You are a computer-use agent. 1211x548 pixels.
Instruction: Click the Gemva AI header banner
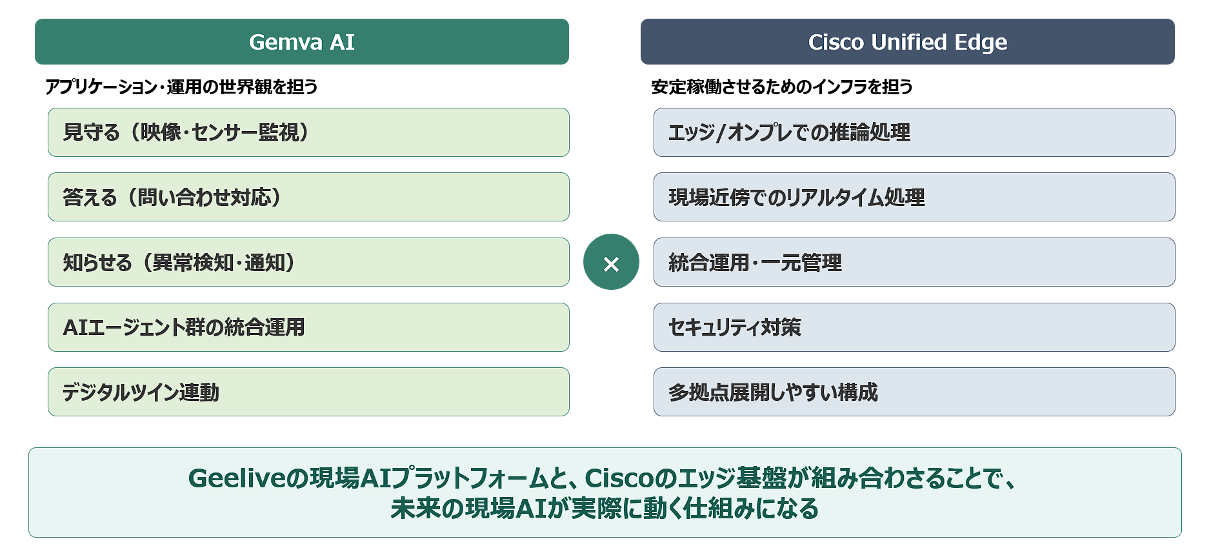pyautogui.click(x=302, y=42)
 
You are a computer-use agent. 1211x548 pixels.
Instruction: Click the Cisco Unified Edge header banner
pyautogui.click(x=907, y=42)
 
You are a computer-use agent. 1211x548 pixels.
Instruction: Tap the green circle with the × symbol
pyautogui.click(x=611, y=262)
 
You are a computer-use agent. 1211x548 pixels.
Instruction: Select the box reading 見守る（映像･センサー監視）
pyautogui.click(x=308, y=132)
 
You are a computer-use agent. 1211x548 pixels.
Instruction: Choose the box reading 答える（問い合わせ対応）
pyautogui.click(x=308, y=197)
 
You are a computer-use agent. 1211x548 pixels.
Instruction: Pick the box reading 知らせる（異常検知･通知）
pyautogui.click(x=308, y=262)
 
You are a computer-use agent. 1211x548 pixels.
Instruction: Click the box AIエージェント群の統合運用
pyautogui.click(x=308, y=327)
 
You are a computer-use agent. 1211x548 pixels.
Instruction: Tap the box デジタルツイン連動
pyautogui.click(x=308, y=392)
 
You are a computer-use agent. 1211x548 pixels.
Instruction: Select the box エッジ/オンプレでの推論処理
pyautogui.click(x=914, y=132)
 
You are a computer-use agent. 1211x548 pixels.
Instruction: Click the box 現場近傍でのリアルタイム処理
pyautogui.click(x=914, y=197)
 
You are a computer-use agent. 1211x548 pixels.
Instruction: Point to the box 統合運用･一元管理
pyautogui.click(x=914, y=262)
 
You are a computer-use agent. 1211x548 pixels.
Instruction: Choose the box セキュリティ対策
pyautogui.click(x=914, y=327)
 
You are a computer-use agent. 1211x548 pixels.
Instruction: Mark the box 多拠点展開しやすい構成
pyautogui.click(x=914, y=392)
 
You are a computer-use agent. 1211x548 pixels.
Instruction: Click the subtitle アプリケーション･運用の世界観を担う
pyautogui.click(x=181, y=86)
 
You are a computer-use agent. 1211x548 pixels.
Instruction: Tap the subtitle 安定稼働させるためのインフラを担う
pyautogui.click(x=782, y=86)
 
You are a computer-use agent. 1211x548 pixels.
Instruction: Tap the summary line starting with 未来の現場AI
pyautogui.click(x=605, y=509)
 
